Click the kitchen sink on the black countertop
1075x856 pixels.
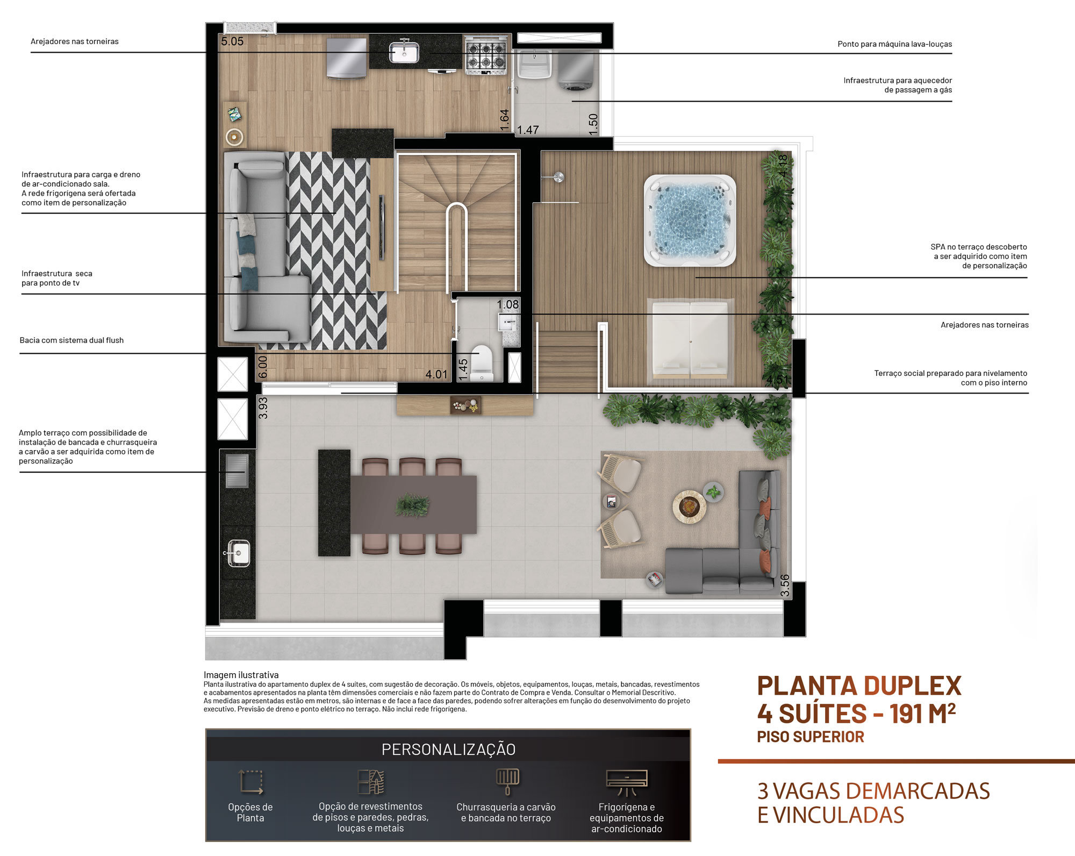point(404,52)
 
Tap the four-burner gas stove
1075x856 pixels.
point(486,54)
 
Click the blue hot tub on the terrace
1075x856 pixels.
point(690,220)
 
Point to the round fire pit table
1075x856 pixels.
point(689,506)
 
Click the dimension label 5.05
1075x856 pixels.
point(232,41)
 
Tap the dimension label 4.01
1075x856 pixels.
point(436,374)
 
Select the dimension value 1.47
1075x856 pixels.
point(528,130)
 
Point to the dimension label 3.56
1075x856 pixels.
point(785,586)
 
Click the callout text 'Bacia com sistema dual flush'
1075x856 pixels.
point(71,340)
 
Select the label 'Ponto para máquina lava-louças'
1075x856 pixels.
point(894,44)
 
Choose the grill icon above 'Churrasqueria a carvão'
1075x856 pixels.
point(507,782)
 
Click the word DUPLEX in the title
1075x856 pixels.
point(912,686)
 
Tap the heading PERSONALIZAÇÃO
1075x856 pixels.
point(448,749)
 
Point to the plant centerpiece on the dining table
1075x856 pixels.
point(413,505)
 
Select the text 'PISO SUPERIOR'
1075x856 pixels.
point(811,737)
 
